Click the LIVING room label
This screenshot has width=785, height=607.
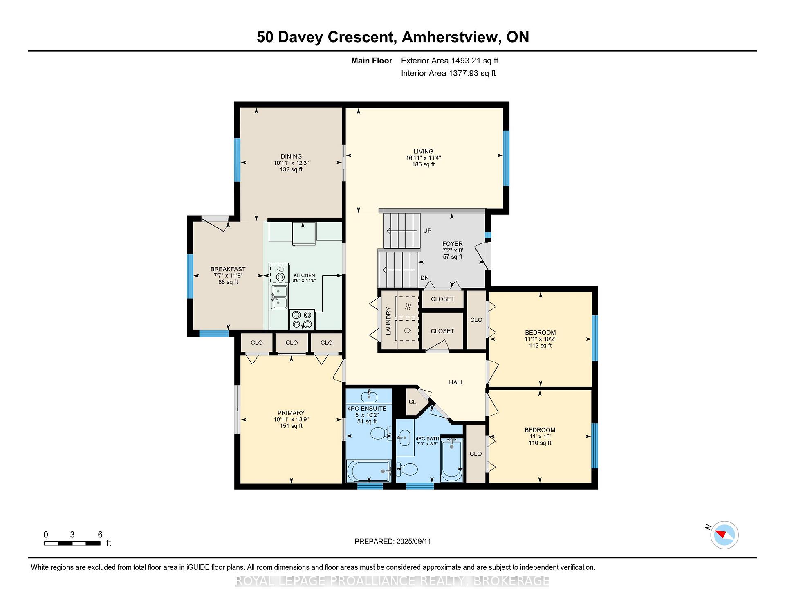pyautogui.click(x=423, y=151)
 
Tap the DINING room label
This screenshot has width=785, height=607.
pyautogui.click(x=291, y=156)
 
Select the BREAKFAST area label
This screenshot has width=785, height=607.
pyautogui.click(x=228, y=269)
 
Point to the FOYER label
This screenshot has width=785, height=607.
pyautogui.click(x=453, y=244)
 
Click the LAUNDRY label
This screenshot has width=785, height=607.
pyautogui.click(x=388, y=321)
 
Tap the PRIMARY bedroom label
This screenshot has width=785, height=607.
pyautogui.click(x=291, y=413)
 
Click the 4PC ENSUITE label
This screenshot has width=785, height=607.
pyautogui.click(x=367, y=409)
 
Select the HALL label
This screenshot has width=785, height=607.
pyautogui.click(x=456, y=382)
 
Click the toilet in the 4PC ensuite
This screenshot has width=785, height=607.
pyautogui.click(x=381, y=433)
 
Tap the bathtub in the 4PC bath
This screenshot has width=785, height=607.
pyautogui.click(x=451, y=460)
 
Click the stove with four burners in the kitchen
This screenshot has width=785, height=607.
pyautogui.click(x=302, y=319)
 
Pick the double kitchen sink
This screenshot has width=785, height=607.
pyautogui.click(x=279, y=297)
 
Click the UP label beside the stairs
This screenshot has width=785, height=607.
pyautogui.click(x=427, y=231)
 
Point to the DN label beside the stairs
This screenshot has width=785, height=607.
pyautogui.click(x=425, y=278)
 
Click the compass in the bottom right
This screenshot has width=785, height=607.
pyautogui.click(x=724, y=535)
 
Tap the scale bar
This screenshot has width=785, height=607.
pyautogui.click(x=72, y=543)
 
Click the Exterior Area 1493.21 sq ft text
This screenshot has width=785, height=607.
pyautogui.click(x=450, y=61)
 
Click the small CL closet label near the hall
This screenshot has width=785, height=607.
pyautogui.click(x=413, y=402)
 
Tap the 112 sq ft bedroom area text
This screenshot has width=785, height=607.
pyautogui.click(x=541, y=346)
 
